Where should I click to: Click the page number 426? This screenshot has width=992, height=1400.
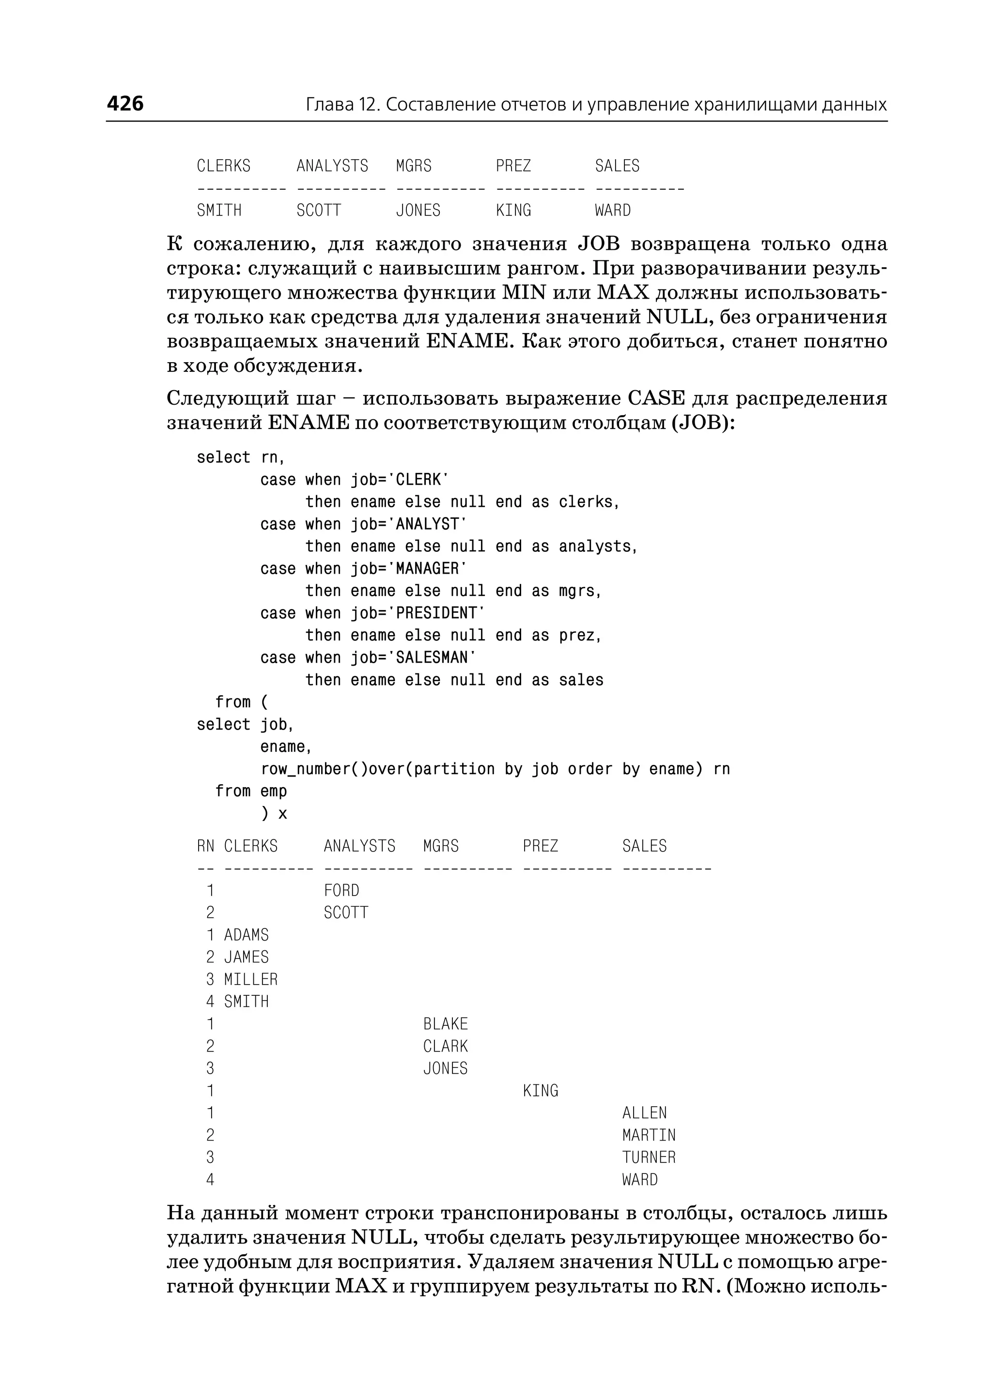pyautogui.click(x=125, y=104)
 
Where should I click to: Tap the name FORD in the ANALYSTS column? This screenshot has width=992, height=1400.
pyautogui.click(x=341, y=891)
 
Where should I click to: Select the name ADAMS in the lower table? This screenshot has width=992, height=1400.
pyautogui.click(x=246, y=935)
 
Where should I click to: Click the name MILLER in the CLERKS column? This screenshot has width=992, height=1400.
pyautogui.click(x=250, y=979)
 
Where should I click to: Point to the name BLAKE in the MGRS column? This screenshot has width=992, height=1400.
pyautogui.click(x=445, y=1024)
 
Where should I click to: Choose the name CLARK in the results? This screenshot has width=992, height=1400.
pyautogui.click(x=445, y=1047)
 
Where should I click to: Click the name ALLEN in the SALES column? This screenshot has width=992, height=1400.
pyautogui.click(x=644, y=1113)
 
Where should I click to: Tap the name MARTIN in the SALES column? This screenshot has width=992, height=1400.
pyautogui.click(x=649, y=1135)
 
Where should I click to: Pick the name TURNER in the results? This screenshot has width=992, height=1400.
pyautogui.click(x=649, y=1157)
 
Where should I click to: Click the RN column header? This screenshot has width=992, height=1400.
pyautogui.click(x=205, y=846)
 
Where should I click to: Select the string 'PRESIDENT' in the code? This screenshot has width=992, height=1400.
pyautogui.click(x=436, y=613)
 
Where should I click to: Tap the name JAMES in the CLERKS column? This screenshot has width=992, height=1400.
pyautogui.click(x=246, y=958)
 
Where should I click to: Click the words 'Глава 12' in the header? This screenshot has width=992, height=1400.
pyautogui.click(x=342, y=105)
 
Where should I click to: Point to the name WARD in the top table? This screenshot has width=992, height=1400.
pyautogui.click(x=613, y=211)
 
